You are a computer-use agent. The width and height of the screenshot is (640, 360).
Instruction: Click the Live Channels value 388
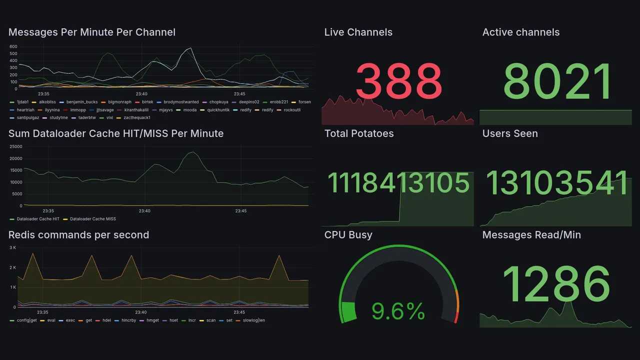click(x=398, y=81)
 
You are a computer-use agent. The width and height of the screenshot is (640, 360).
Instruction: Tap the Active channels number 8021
click(x=557, y=82)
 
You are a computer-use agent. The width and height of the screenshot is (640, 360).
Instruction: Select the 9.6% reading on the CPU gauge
click(x=398, y=312)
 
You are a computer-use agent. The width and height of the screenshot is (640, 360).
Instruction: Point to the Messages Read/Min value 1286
click(x=556, y=284)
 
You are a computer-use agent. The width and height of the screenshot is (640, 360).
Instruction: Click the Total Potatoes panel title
click(x=358, y=133)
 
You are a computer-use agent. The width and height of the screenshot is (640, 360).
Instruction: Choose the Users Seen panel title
click(x=509, y=133)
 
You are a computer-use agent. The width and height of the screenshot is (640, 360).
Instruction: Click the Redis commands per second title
click(x=78, y=235)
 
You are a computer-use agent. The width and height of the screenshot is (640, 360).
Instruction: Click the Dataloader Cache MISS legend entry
click(x=93, y=219)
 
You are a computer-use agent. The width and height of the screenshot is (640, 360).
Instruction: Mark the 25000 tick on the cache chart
click(x=15, y=146)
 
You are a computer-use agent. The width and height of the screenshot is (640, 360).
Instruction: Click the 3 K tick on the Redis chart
click(x=12, y=248)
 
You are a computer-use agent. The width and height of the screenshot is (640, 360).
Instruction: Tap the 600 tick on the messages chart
click(x=13, y=46)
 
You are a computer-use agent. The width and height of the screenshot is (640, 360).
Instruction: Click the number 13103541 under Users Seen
click(x=557, y=183)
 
